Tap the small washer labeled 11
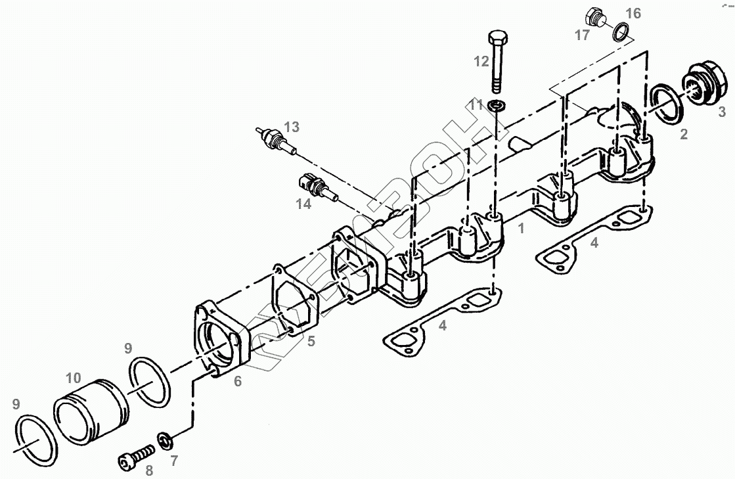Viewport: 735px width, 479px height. pyautogui.click(x=497, y=105)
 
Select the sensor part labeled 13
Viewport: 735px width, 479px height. pyautogui.click(x=276, y=139)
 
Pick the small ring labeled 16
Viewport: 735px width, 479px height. pyautogui.click(x=620, y=31)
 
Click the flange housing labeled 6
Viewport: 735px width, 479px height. pyautogui.click(x=221, y=342)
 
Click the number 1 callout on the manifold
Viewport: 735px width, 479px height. pyautogui.click(x=521, y=229)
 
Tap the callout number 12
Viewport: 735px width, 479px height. pyautogui.click(x=481, y=62)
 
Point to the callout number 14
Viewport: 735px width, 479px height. pyautogui.click(x=303, y=204)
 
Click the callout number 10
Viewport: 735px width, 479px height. pyautogui.click(x=73, y=378)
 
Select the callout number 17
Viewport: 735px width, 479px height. pyautogui.click(x=582, y=35)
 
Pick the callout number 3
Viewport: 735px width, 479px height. pyautogui.click(x=721, y=112)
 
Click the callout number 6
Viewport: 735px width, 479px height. pyautogui.click(x=237, y=380)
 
